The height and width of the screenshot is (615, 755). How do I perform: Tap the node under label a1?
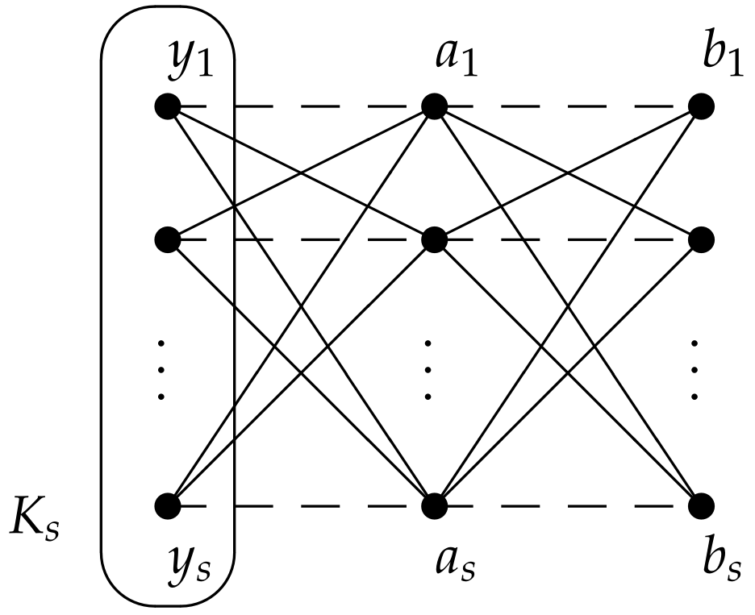[434, 106]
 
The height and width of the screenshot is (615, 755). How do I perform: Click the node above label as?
[434, 506]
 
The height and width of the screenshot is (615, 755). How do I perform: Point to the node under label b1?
[701, 106]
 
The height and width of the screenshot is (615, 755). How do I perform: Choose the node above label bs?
[701, 506]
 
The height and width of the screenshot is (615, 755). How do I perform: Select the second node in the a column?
[434, 239]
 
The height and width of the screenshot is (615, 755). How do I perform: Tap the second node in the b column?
[701, 239]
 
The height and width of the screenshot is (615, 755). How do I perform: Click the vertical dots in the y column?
[161, 370]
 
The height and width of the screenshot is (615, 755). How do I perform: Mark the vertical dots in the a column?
[428, 370]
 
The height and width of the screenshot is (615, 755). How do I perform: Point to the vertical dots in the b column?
[695, 370]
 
